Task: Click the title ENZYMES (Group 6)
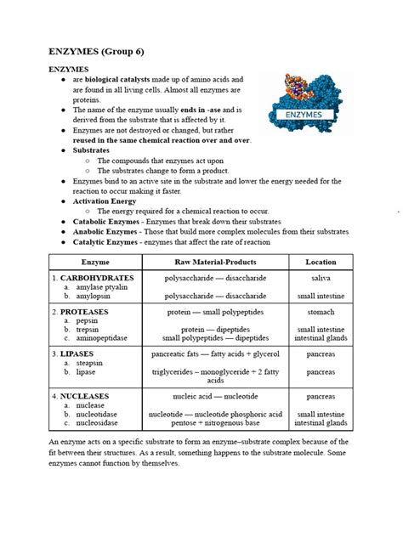tap(107, 51)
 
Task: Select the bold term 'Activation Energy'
tap(104, 201)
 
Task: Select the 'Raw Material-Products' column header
tap(215, 263)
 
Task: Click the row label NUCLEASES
tap(91, 396)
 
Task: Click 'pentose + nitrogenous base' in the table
tap(215, 422)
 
